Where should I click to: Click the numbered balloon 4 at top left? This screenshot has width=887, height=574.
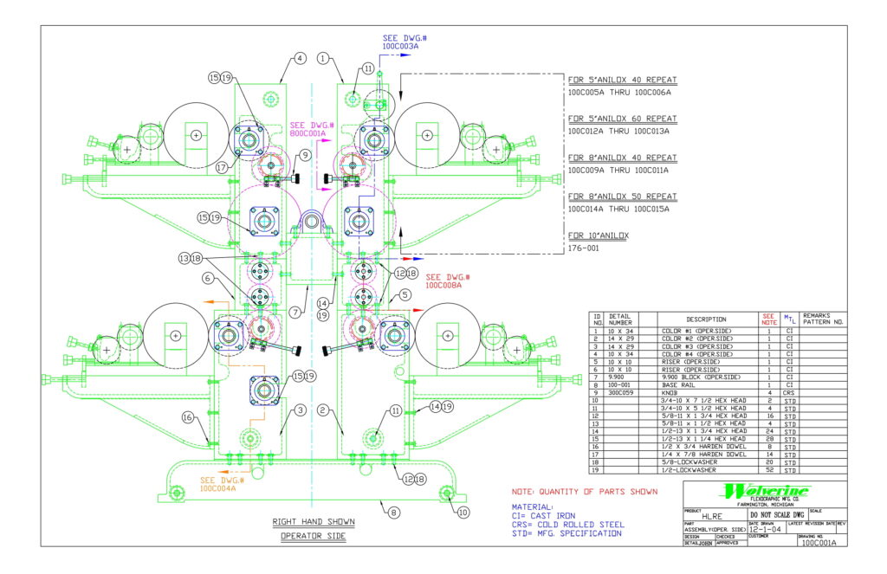(x=300, y=59)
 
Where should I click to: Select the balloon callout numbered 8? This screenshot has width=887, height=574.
(x=394, y=512)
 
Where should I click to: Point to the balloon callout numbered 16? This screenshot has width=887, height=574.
(x=188, y=417)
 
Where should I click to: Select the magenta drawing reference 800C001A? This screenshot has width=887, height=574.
(x=308, y=134)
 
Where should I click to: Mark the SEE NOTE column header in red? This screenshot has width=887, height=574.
(x=767, y=319)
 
